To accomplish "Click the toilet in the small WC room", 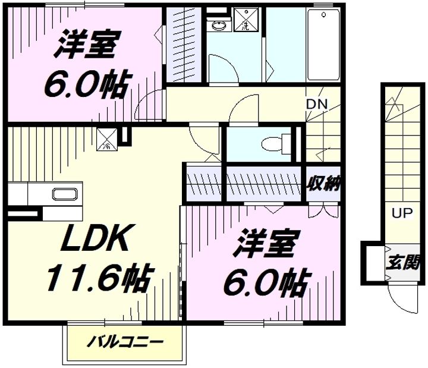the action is tap(276, 144).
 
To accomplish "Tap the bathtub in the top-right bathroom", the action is tap(323, 45).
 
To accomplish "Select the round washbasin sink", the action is tap(219, 26).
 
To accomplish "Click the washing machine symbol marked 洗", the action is tap(246, 19).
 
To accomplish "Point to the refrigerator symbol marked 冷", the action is tap(107, 140).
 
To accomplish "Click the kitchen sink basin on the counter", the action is tap(65, 194).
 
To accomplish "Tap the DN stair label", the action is tap(316, 103).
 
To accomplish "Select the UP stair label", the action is tap(402, 213).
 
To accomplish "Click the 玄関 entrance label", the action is tap(402, 263).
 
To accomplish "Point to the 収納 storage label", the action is tap(324, 184).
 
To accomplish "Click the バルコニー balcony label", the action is tap(125, 341).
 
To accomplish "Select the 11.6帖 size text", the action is tap(99, 278).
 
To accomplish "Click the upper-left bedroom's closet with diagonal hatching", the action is tap(184, 44).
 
